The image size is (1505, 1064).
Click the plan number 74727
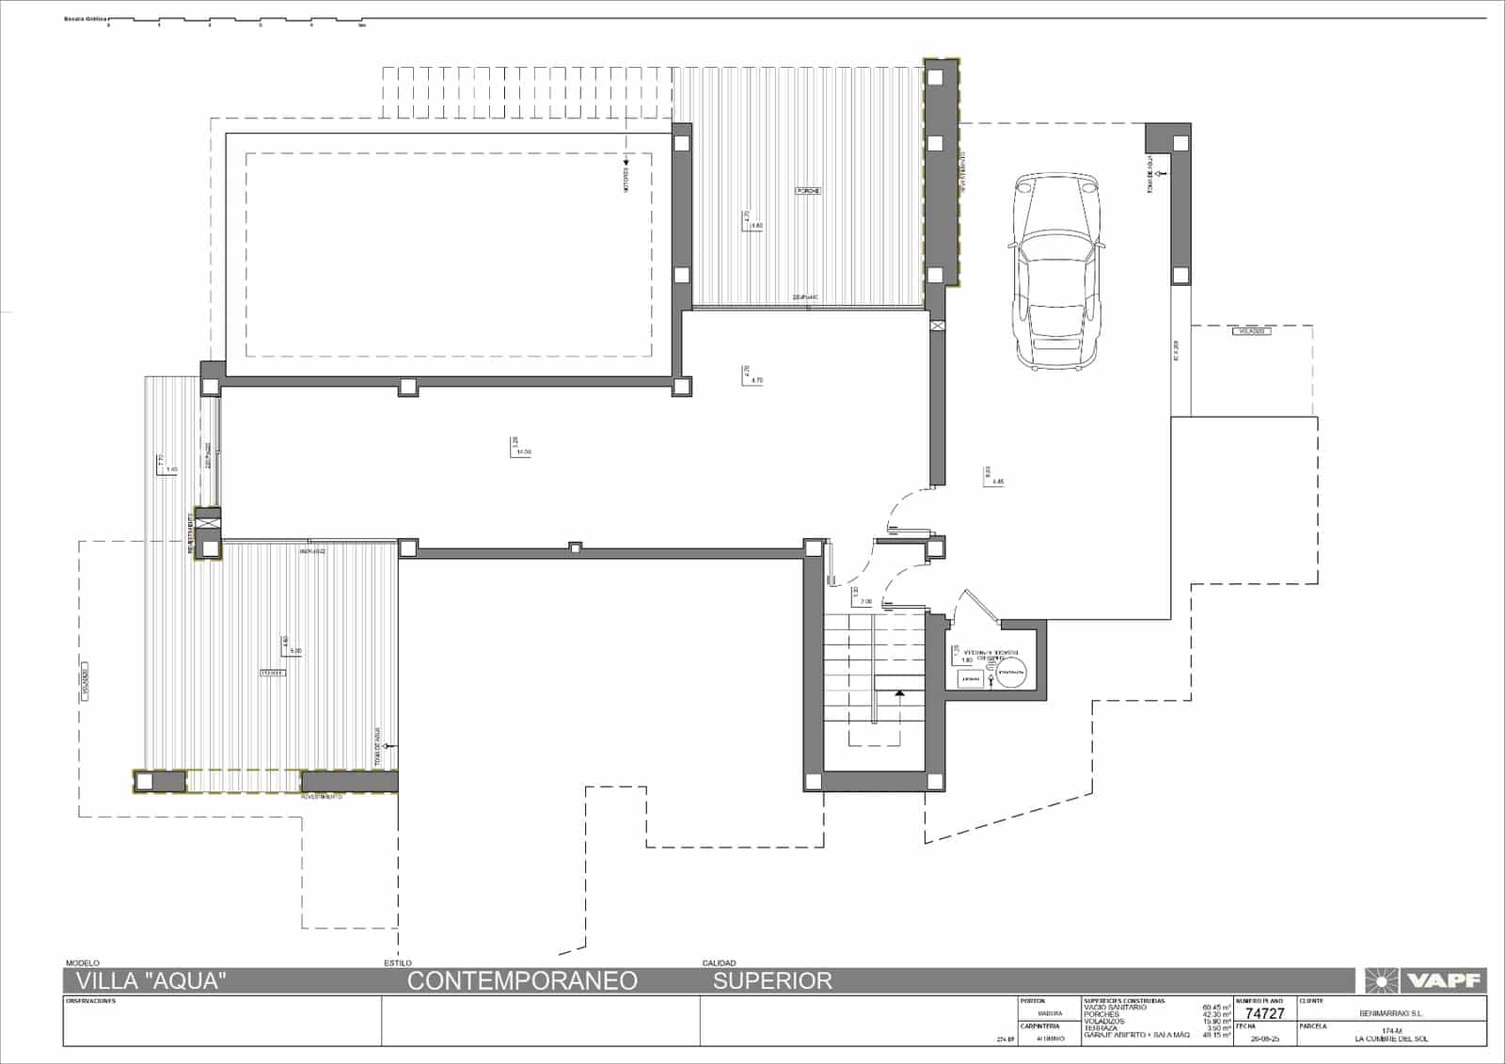[1264, 1013]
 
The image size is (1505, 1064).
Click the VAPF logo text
[1443, 981]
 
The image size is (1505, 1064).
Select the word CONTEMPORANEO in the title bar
[522, 981]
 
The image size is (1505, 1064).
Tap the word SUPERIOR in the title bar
[772, 981]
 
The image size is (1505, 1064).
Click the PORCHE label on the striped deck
[808, 191]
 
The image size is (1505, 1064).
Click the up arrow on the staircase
[899, 693]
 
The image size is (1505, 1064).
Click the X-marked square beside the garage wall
[937, 326]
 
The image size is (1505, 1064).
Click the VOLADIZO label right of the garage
[1252, 331]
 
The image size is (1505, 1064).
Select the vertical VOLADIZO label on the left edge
[85, 681]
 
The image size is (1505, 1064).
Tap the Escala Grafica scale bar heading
[85, 19]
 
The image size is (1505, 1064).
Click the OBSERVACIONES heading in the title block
[90, 1001]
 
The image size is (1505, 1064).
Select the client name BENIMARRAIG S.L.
[1391, 1014]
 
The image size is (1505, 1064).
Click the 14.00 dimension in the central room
[523, 452]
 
